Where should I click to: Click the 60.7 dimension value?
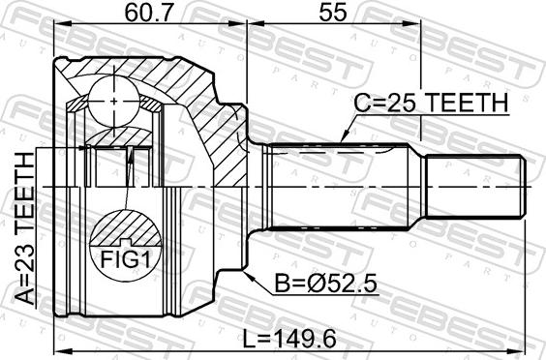[150, 13]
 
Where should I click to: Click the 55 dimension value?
[333, 13]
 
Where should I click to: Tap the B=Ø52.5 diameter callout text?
[326, 284]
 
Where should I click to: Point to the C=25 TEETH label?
[431, 103]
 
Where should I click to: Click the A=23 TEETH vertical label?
[25, 228]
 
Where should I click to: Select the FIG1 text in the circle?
[126, 259]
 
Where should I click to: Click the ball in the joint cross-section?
[114, 102]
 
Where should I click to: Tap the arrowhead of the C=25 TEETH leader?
[344, 138]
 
